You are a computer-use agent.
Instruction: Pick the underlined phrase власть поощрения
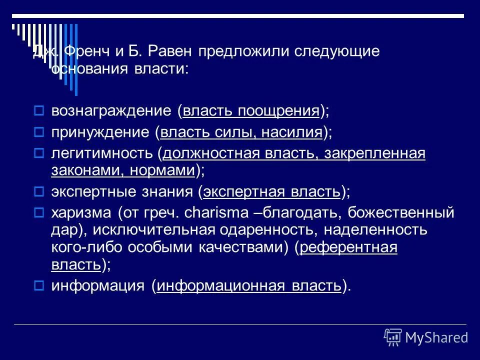(x=251, y=110)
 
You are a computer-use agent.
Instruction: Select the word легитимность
(x=102, y=154)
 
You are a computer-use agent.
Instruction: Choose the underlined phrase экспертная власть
(x=272, y=191)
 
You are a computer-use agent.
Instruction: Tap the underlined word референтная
(x=349, y=247)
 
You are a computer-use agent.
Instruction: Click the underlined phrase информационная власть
(x=249, y=285)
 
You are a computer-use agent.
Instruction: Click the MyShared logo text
(x=436, y=337)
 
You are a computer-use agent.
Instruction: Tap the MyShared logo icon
(x=393, y=337)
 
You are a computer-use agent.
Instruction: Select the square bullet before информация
(x=41, y=286)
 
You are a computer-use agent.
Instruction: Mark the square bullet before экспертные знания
(x=41, y=192)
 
